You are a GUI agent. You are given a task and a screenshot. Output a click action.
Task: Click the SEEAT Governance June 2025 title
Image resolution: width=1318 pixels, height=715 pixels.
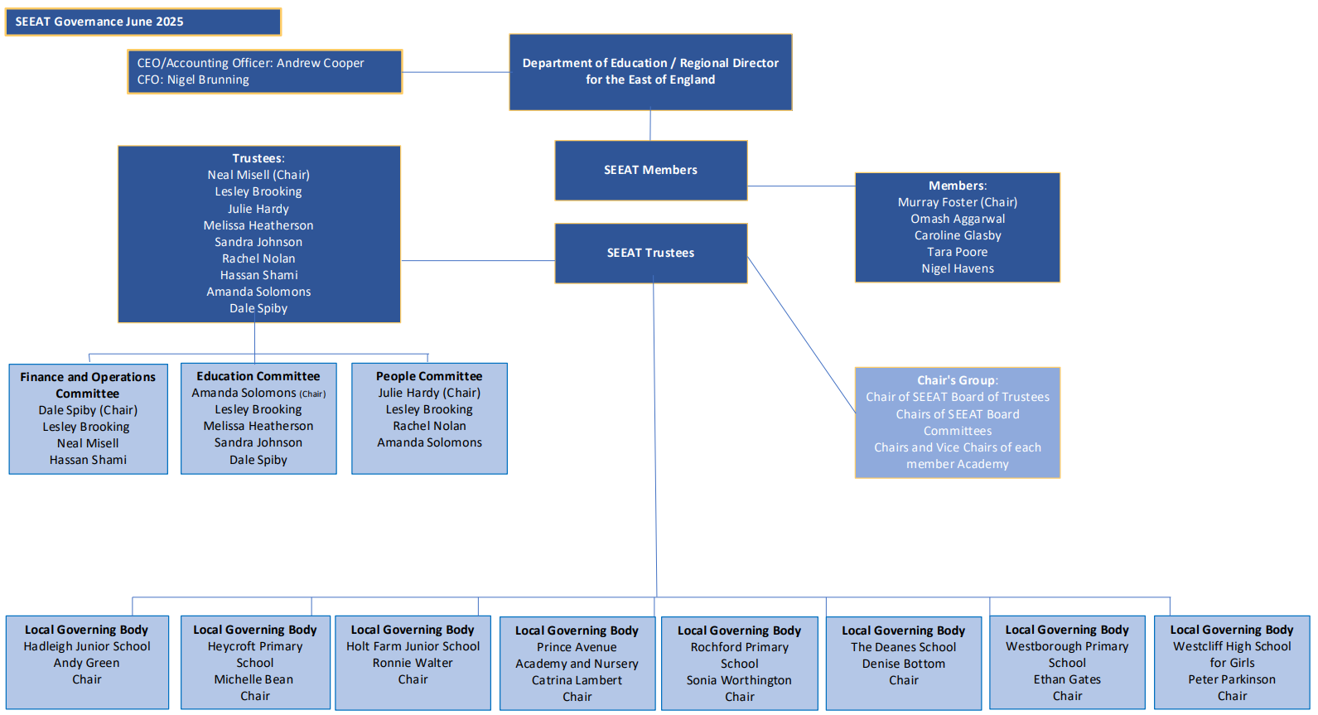(x=99, y=22)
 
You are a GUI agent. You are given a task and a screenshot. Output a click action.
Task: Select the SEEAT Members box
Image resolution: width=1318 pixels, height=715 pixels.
(x=651, y=170)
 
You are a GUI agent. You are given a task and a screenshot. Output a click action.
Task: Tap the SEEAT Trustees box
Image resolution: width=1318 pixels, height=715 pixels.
(x=651, y=253)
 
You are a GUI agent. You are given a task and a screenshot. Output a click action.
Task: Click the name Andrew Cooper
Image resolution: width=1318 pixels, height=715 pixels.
(x=320, y=63)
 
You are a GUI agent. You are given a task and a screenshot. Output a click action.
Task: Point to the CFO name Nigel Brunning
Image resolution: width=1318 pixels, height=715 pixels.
(x=208, y=80)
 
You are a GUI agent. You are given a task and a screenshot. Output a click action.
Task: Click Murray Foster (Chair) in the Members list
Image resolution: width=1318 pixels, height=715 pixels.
(x=958, y=202)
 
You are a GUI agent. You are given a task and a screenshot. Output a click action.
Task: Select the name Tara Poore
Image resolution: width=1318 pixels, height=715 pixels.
(x=958, y=252)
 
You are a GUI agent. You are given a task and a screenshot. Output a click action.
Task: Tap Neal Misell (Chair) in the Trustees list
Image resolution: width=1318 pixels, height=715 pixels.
(x=258, y=175)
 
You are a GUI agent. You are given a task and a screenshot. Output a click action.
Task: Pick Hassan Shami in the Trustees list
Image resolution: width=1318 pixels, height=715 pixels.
(x=259, y=275)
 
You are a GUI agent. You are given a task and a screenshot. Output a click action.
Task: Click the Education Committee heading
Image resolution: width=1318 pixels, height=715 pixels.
(x=258, y=376)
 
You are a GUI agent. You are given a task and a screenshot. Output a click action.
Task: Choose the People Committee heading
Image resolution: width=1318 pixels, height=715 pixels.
(x=429, y=376)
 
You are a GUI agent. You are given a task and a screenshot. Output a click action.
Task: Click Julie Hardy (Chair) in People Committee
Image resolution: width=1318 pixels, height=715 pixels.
(x=429, y=393)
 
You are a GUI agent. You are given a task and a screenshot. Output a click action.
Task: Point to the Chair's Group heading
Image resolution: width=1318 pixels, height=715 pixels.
(x=958, y=380)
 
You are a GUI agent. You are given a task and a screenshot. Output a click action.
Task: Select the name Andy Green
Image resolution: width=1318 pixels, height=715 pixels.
(x=86, y=663)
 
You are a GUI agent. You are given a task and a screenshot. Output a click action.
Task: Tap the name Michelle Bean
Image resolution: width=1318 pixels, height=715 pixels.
(x=253, y=679)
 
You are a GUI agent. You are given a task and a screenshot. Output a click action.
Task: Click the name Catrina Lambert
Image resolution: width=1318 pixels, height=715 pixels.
(x=577, y=680)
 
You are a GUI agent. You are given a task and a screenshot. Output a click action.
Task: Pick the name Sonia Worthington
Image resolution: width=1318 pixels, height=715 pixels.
(x=739, y=680)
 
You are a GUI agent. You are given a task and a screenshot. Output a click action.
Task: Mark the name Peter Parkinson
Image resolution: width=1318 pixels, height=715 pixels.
(x=1232, y=679)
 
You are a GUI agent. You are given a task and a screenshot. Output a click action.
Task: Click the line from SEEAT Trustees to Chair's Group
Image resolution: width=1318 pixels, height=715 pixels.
(x=801, y=335)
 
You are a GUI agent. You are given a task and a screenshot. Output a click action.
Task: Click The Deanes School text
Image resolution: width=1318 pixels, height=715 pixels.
(x=903, y=647)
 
